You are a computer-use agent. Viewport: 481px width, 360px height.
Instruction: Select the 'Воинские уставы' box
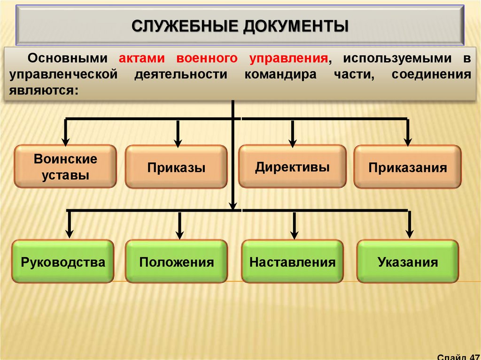click(65, 167)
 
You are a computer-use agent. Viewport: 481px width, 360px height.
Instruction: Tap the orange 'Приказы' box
click(176, 168)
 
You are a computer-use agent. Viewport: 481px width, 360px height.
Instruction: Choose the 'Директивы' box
click(292, 167)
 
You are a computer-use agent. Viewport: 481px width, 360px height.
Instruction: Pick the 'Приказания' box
click(407, 168)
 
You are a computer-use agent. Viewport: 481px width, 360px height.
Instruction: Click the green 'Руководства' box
click(63, 262)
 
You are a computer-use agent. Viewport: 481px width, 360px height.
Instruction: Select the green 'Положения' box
click(176, 262)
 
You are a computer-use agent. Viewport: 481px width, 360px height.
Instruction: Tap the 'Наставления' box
click(292, 262)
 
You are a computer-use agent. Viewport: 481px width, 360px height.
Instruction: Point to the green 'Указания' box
click(407, 262)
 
